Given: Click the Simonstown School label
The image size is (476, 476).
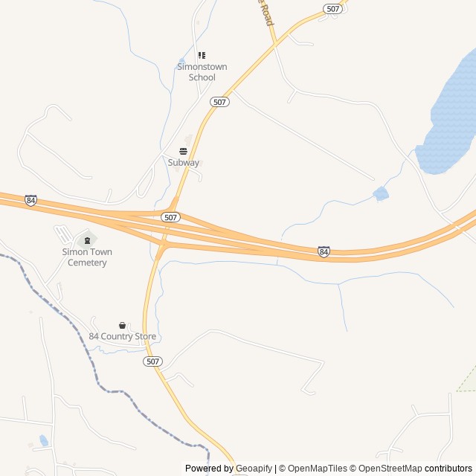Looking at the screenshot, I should pyautogui.click(x=202, y=72).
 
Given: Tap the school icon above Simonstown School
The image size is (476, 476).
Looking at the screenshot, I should pyautogui.click(x=202, y=55).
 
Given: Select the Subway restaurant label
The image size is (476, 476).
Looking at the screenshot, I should pyautogui.click(x=183, y=162).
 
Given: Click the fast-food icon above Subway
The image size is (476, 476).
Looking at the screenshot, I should pyautogui.click(x=183, y=151).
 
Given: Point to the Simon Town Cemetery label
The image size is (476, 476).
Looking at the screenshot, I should pyautogui.click(x=87, y=257).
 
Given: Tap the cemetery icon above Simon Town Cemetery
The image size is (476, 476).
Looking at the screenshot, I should pyautogui.click(x=87, y=240).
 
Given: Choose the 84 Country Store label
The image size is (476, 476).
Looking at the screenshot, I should pyautogui.click(x=123, y=336).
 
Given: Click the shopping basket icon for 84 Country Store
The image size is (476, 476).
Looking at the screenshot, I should pyautogui.click(x=123, y=325).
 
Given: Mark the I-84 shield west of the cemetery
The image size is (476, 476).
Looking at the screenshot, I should pyautogui.click(x=30, y=201).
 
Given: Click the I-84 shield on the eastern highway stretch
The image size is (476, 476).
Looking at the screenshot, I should pyautogui.click(x=324, y=252).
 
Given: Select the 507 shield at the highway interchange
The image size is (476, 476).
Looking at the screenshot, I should pyautogui.click(x=171, y=217).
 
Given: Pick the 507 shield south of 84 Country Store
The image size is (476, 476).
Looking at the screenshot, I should pyautogui.click(x=152, y=361).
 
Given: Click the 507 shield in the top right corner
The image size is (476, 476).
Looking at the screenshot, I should pyautogui.click(x=332, y=9).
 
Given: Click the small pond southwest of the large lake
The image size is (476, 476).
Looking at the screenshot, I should pyautogui.click(x=381, y=194).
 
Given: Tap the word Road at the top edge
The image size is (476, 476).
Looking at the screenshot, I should pyautogui.click(x=267, y=13).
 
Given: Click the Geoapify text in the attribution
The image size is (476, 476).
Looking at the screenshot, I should pyautogui.click(x=254, y=469).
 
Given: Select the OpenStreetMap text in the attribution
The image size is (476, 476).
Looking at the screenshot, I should pyautogui.click(x=387, y=469).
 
